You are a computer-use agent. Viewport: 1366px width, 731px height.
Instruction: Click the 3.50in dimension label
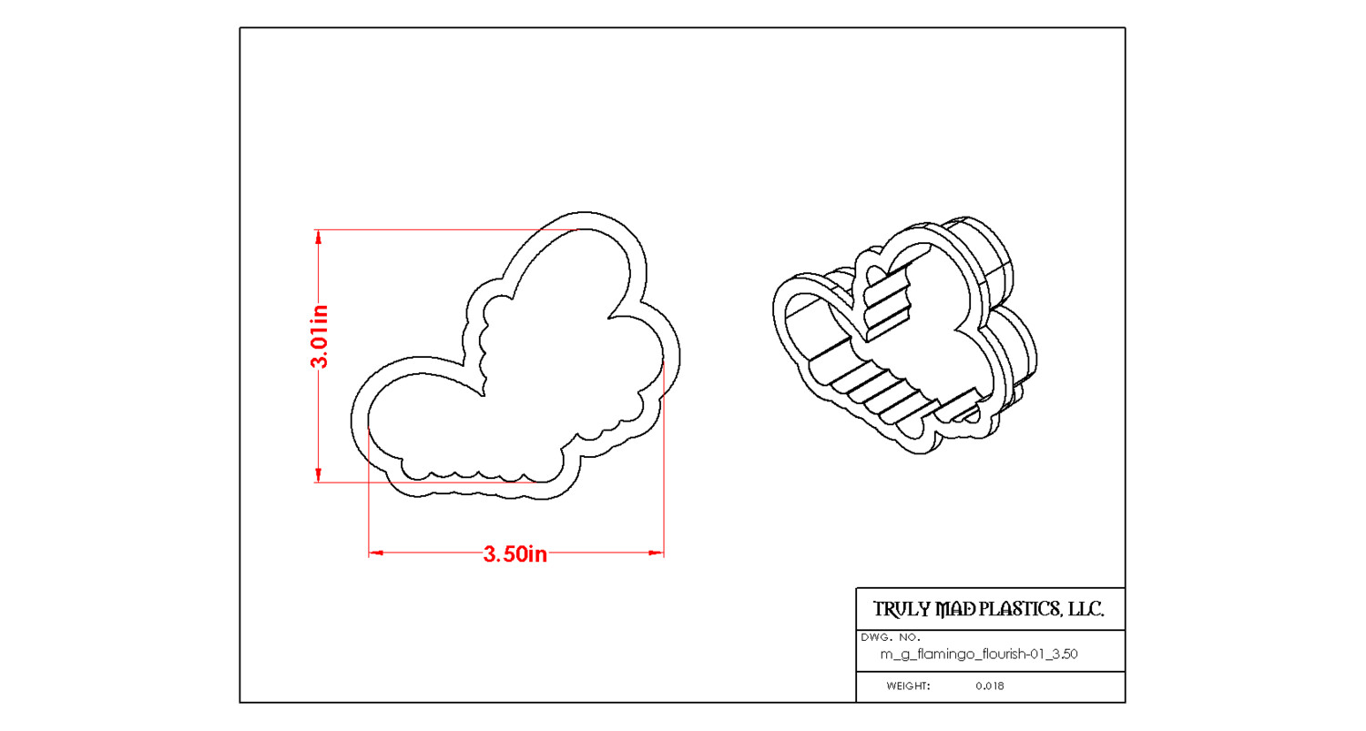pos(515,553)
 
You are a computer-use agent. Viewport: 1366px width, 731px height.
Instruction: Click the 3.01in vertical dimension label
pos(320,337)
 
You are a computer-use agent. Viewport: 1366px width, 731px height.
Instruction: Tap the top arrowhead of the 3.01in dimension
pos(318,237)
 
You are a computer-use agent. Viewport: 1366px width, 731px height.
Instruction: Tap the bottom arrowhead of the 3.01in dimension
pos(318,474)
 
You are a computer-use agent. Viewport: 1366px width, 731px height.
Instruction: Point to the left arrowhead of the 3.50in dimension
pos(376,553)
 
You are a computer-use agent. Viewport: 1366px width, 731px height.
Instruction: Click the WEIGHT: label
pos(908,686)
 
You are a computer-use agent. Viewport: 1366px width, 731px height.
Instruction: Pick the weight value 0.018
pos(989,686)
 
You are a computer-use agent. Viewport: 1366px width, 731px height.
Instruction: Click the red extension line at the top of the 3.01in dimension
pos(446,230)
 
